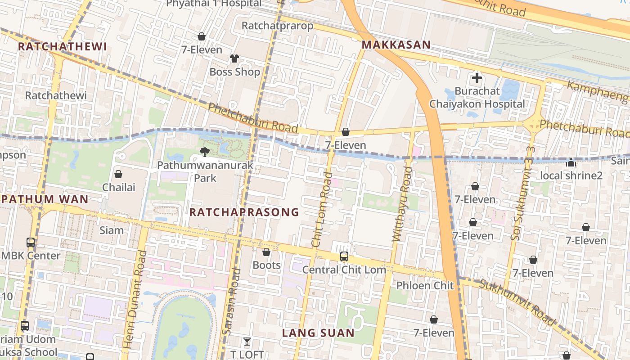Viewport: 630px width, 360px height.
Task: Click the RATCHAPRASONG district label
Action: click(244, 212)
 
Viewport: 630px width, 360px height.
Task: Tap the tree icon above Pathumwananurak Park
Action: click(205, 152)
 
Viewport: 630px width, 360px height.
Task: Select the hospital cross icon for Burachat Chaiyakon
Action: click(477, 78)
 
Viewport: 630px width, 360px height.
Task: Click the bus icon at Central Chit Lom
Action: click(344, 256)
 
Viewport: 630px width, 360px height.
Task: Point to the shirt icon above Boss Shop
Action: click(234, 58)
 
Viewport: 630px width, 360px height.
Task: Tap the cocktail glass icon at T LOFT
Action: click(247, 342)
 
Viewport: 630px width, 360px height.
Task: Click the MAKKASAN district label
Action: click(396, 45)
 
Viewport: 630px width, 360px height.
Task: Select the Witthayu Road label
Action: click(402, 205)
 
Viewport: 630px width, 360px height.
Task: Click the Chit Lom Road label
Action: click(322, 210)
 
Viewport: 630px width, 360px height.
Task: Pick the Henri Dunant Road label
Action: click(135, 300)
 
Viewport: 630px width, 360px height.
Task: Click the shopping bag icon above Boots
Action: click(266, 252)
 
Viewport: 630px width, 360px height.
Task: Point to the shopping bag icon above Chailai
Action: click(118, 174)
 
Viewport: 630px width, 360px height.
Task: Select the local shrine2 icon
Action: click(571, 162)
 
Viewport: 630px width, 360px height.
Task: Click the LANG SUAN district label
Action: click(318, 333)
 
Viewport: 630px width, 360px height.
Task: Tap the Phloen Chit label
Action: click(425, 285)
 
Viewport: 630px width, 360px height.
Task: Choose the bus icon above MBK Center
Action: click(30, 243)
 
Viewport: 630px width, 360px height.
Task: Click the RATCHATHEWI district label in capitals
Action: click(62, 47)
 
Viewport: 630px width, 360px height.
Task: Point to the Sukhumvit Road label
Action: click(517, 302)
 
